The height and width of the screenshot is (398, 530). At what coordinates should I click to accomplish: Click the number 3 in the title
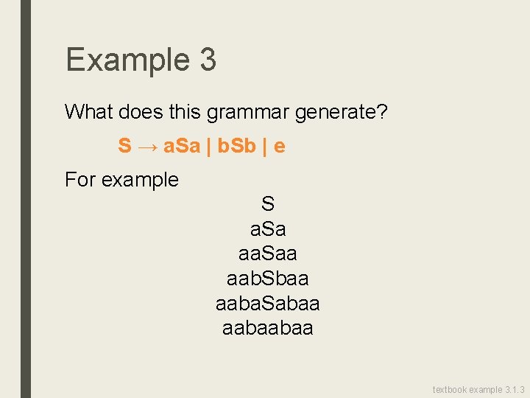[207, 60]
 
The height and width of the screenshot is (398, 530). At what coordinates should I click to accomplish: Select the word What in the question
[88, 112]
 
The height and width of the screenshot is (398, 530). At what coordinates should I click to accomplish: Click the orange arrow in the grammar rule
[147, 146]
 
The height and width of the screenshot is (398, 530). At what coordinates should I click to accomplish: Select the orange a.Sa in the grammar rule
[182, 146]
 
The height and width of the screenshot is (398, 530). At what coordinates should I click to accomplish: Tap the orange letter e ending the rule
[280, 146]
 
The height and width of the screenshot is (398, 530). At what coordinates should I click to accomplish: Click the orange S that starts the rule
[124, 146]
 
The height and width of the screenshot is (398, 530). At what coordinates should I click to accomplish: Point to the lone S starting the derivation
[267, 203]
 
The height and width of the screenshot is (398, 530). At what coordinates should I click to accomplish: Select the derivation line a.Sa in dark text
[267, 229]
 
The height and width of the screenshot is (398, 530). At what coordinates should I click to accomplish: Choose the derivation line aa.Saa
[267, 254]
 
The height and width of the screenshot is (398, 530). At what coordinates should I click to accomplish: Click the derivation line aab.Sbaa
[267, 279]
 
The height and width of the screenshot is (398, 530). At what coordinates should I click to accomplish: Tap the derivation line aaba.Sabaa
[267, 303]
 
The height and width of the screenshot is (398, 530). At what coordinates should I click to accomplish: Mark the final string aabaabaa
[267, 327]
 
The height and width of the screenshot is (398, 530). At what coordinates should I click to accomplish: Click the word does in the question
[138, 112]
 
